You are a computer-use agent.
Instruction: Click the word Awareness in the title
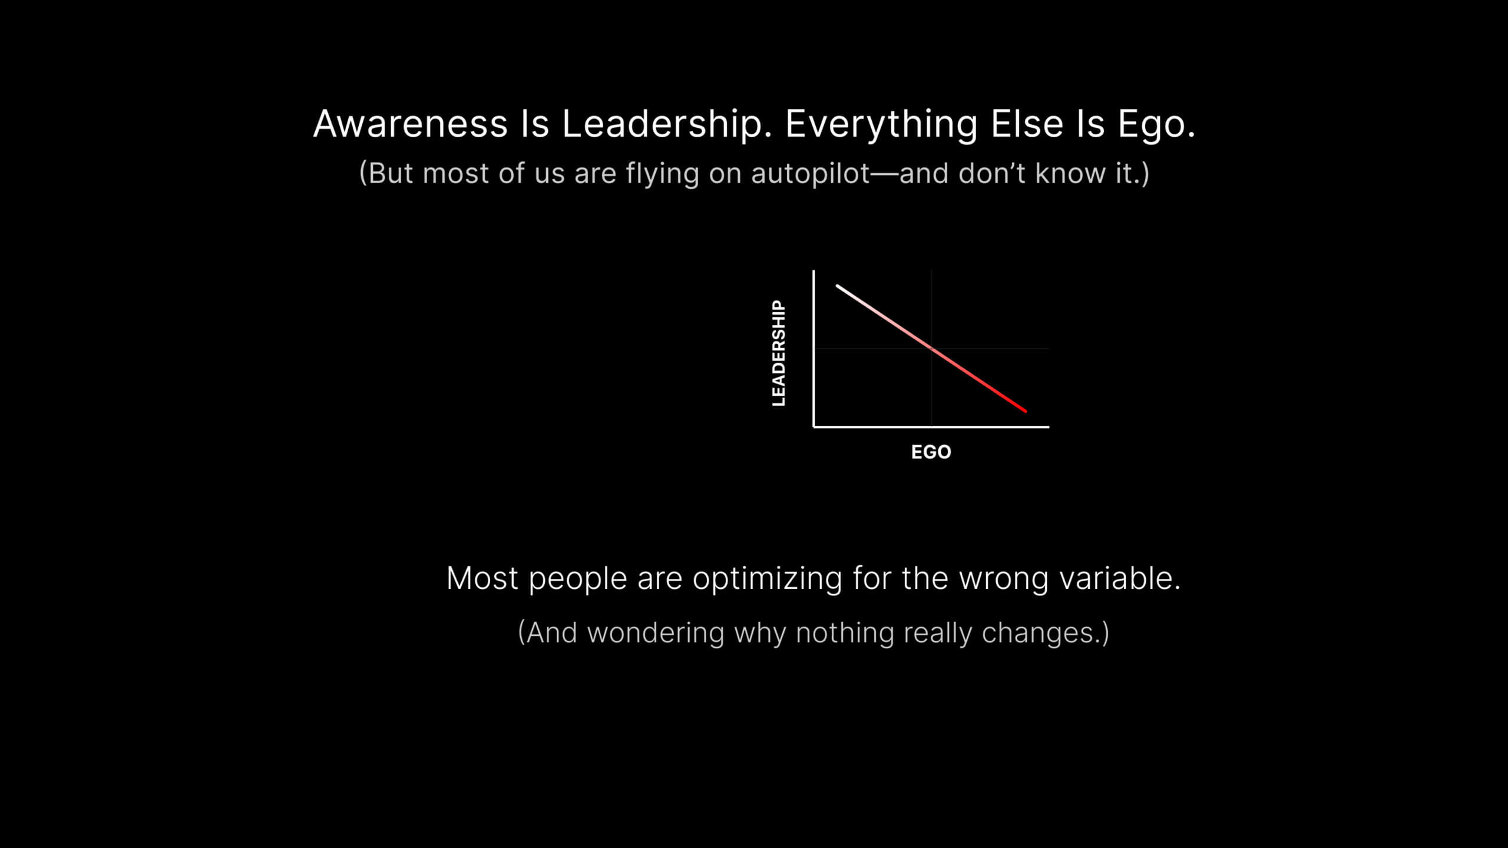pos(411,124)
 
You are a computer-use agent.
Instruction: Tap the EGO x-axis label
pos(931,452)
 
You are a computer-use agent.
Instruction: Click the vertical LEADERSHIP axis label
pos(779,353)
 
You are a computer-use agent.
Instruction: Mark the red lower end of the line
pos(1026,411)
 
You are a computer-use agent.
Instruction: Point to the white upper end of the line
pos(837,286)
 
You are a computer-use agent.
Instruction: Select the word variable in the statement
pos(1120,578)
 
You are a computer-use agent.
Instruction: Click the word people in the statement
pos(577,579)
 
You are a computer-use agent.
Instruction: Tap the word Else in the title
pos(1027,124)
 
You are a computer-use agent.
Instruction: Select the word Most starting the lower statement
pos(482,578)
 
